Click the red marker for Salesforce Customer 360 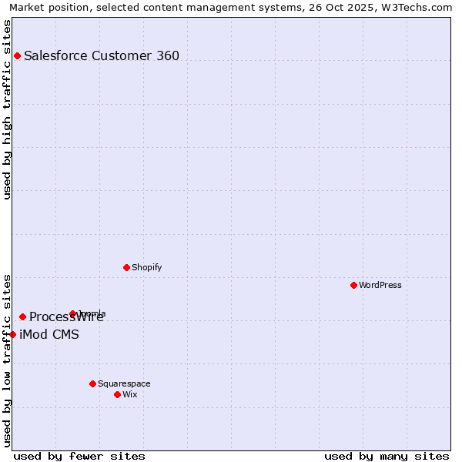(x=17, y=55)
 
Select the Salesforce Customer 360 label (x=102, y=55)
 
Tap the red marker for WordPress (x=353, y=285)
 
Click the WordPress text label (x=380, y=285)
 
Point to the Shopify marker (x=126, y=267)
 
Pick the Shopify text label (x=146, y=267)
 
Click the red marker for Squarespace (x=92, y=383)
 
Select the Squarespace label (x=124, y=383)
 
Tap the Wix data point (x=117, y=394)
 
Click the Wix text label (x=130, y=394)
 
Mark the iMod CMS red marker (x=12, y=334)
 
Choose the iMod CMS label (x=49, y=334)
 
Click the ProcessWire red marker (x=22, y=316)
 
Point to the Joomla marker (x=72, y=313)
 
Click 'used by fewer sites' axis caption (x=79, y=456)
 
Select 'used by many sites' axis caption (x=387, y=456)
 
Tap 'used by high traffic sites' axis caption (x=8, y=109)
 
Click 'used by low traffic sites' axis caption (x=8, y=360)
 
